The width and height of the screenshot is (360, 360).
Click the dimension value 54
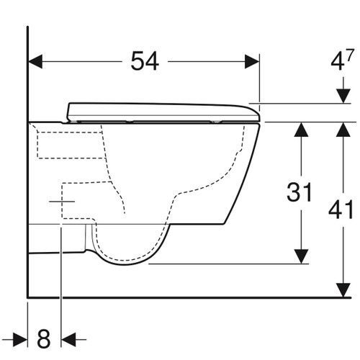(145, 62)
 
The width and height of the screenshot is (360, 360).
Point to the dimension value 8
(45, 337)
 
